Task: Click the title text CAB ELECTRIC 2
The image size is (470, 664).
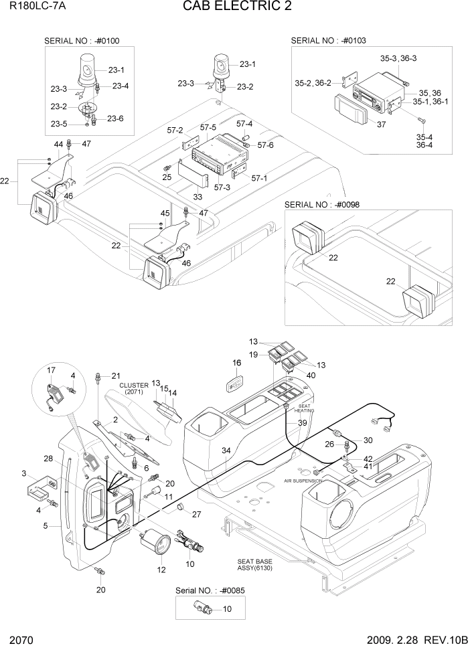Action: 232,7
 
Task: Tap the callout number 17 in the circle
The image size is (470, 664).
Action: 51,370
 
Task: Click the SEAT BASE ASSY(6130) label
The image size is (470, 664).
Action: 254,565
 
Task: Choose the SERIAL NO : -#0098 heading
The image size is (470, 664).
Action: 327,204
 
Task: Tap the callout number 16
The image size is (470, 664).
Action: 236,363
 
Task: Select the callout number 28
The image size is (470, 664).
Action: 48,459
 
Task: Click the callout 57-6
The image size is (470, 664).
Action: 265,145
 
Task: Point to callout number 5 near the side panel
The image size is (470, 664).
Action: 46,525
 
